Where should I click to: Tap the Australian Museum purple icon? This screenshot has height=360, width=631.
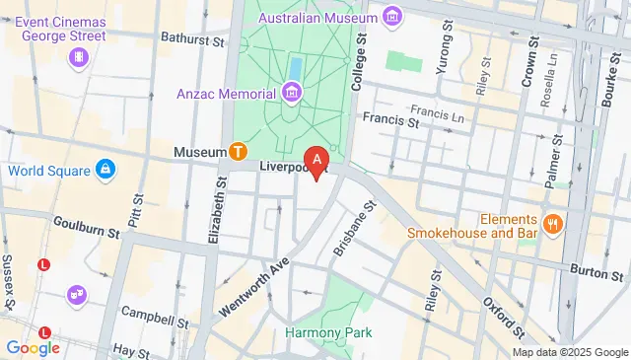393,17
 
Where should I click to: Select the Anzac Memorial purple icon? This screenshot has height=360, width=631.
291,94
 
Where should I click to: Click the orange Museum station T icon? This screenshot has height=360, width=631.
238,152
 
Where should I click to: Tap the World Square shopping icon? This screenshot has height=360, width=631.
105,171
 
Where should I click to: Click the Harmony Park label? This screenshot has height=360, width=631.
328,332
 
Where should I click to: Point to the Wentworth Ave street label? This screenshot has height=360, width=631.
250,264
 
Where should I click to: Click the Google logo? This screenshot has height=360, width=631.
33,347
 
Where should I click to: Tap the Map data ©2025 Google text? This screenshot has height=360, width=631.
570,352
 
